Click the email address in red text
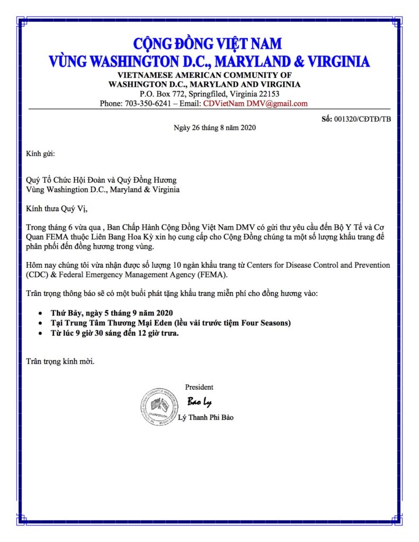tap(255, 103)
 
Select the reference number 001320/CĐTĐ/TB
tap(362, 119)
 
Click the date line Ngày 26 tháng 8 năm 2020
tap(215, 128)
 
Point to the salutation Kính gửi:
tap(40, 154)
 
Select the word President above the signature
tap(199, 387)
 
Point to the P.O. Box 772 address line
tap(204, 94)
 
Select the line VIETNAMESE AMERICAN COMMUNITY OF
tap(204, 75)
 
